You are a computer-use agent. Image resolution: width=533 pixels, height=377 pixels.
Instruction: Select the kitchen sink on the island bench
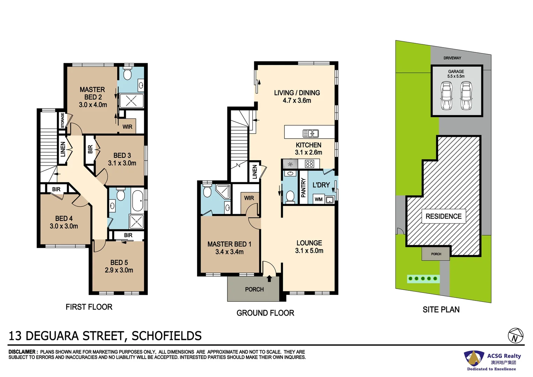tap(310, 133)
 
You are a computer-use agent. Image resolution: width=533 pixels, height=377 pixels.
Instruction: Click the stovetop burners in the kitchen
tap(309, 163)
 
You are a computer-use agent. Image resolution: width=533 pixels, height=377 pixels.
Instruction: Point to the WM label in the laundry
tap(318, 199)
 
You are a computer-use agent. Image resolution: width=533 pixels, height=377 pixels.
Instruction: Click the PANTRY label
tap(303, 187)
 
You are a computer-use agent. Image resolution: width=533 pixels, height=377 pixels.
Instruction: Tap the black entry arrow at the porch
tap(269, 278)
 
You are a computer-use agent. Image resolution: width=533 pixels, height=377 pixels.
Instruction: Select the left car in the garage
tap(445, 95)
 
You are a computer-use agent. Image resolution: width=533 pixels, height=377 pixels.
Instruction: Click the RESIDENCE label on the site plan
tap(443, 216)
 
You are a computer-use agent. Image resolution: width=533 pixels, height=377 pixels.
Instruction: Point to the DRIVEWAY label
tap(452, 58)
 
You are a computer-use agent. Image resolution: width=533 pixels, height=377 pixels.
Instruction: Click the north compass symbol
tap(515, 336)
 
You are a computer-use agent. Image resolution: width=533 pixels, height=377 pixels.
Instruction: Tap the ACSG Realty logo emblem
tap(473, 358)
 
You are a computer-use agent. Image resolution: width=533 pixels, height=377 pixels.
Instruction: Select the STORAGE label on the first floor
tap(62, 120)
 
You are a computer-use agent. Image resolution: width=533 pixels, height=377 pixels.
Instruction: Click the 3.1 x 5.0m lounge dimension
tap(309, 251)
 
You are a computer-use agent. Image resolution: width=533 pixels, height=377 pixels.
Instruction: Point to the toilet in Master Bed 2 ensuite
tap(127, 74)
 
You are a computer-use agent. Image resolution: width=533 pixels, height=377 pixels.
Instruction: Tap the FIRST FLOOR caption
tap(89, 307)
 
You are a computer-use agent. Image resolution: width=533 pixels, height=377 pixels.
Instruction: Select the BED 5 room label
tap(119, 263)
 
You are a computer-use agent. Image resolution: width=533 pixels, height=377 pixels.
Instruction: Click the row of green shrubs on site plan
tap(423, 279)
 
